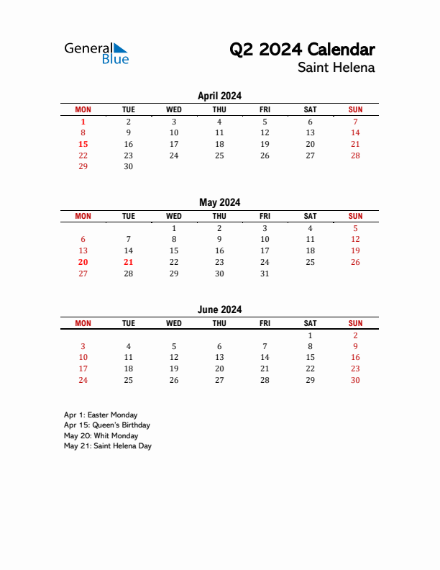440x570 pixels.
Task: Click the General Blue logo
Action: [x=96, y=53]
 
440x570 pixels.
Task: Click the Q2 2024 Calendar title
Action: [x=302, y=50]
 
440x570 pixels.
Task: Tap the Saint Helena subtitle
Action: [x=336, y=68]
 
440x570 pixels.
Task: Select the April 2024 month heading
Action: [x=219, y=96]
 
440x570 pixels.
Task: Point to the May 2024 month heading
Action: [x=219, y=202]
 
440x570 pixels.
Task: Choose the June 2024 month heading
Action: [x=219, y=309]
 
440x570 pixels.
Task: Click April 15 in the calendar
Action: [x=83, y=144]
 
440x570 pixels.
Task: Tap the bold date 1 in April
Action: [x=83, y=122]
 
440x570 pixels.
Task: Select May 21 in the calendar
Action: [x=129, y=262]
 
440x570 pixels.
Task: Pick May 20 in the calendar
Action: [x=83, y=262]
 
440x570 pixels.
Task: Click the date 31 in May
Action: [x=265, y=273]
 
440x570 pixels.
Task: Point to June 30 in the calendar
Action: [x=355, y=380]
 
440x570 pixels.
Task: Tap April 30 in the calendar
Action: [x=129, y=166]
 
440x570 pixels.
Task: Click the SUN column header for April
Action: [x=355, y=109]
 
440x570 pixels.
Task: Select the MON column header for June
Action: [x=83, y=323]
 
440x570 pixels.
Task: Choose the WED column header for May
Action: [x=174, y=216]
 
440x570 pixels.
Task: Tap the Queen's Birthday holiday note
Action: [x=108, y=425]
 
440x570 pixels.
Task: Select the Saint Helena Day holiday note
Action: [x=108, y=445]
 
